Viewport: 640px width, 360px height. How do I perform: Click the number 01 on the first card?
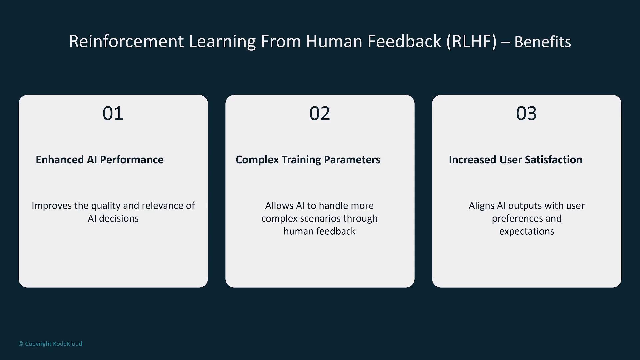(x=113, y=113)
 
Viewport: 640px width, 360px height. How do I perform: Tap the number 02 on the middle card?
(x=320, y=113)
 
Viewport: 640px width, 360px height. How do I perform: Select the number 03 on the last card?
(x=526, y=113)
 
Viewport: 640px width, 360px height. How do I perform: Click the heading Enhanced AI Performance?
(x=100, y=160)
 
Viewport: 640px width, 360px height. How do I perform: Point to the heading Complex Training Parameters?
(x=308, y=160)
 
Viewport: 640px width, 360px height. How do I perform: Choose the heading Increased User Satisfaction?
(x=516, y=160)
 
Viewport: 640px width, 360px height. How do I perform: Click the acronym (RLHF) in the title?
(x=472, y=41)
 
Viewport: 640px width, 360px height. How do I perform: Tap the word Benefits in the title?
(x=543, y=42)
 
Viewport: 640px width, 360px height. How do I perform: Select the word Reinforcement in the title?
(x=126, y=41)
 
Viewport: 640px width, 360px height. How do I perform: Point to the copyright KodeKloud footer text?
(x=50, y=344)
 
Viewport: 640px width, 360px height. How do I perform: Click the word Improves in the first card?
(x=52, y=206)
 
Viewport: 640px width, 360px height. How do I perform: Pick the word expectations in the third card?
(x=527, y=231)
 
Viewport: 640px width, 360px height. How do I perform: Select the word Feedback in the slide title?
(x=404, y=41)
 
